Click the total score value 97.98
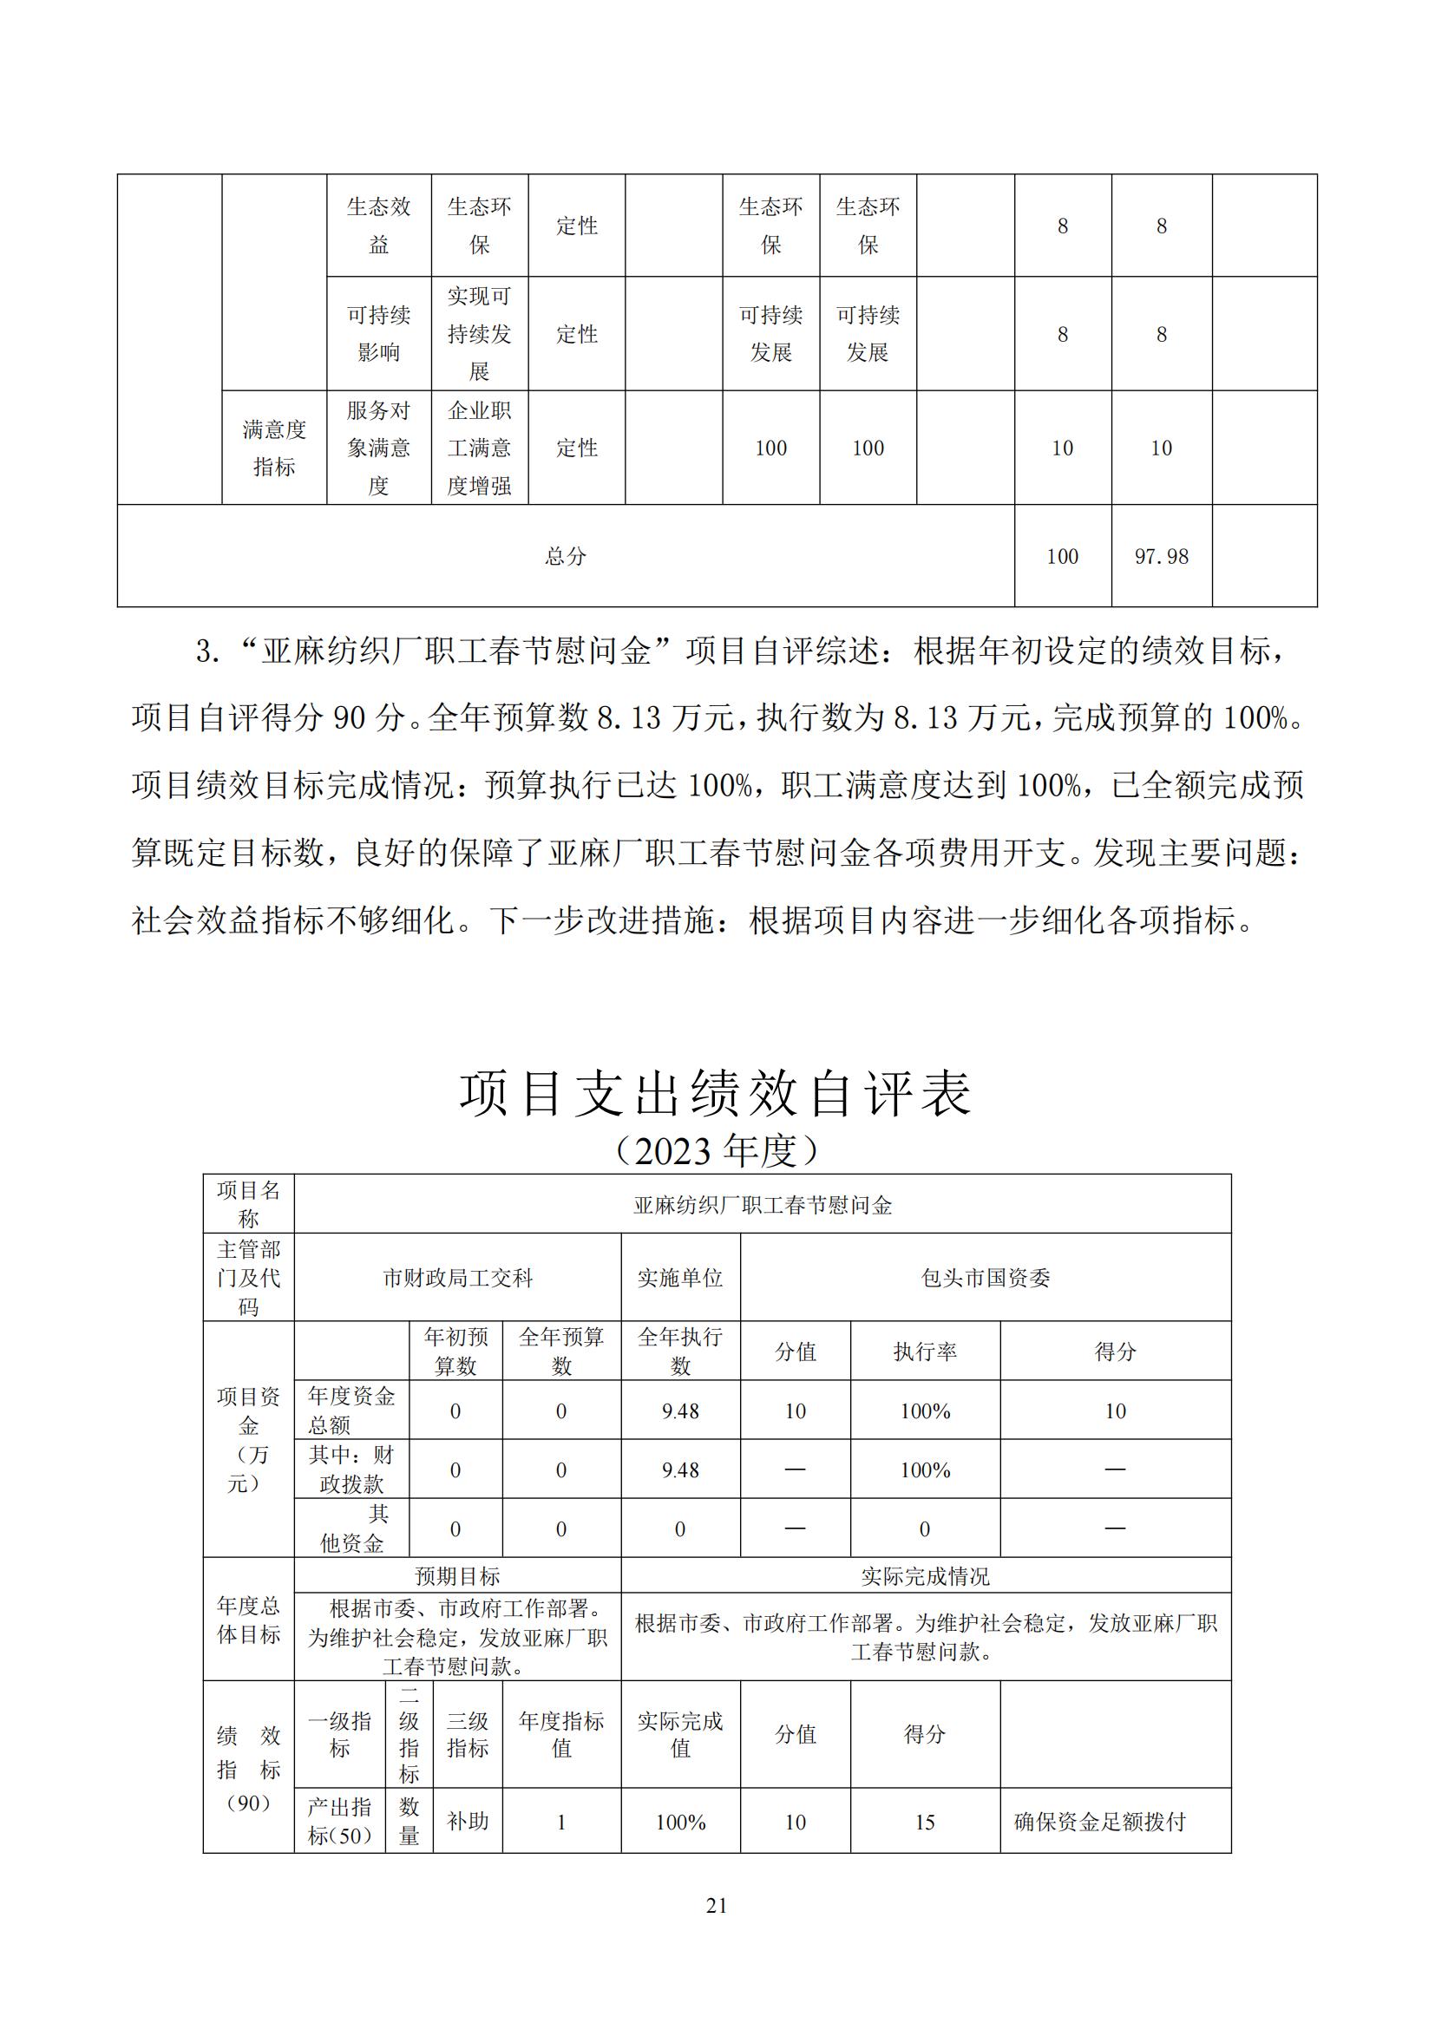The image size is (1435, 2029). point(1161,556)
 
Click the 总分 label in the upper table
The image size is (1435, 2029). point(566,556)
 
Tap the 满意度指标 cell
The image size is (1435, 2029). point(274,448)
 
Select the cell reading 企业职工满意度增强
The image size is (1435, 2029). point(480,448)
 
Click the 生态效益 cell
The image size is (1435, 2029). point(379,226)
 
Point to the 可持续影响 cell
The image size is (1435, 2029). point(379,333)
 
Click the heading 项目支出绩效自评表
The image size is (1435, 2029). point(716,1093)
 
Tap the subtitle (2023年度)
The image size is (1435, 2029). point(716,1150)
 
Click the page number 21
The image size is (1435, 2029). point(717,1905)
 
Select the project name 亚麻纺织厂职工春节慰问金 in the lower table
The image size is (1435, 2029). point(763,1205)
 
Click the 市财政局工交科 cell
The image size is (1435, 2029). point(458,1278)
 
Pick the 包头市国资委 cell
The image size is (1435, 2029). point(986,1278)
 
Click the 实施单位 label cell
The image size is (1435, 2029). point(680,1278)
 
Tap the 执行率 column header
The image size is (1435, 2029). point(925,1352)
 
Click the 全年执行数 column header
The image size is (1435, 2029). point(680,1352)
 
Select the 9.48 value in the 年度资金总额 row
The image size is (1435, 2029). point(680,1411)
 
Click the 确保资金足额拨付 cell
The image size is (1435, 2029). point(1100,1822)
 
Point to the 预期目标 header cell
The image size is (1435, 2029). point(458,1575)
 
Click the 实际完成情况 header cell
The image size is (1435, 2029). point(925,1575)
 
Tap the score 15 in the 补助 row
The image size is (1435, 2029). point(925,1822)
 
